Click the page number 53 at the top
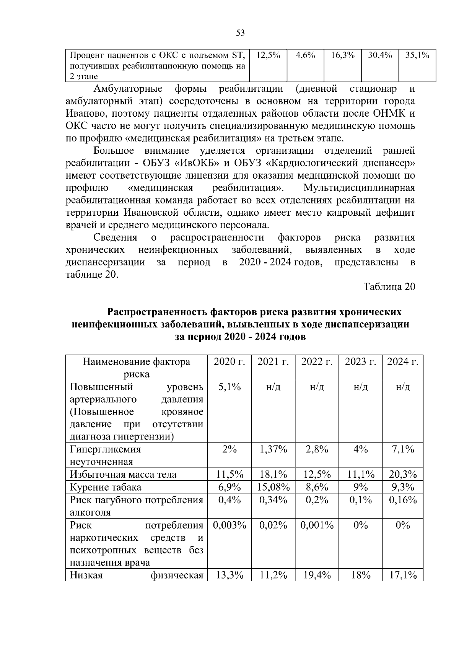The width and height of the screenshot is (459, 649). (240, 33)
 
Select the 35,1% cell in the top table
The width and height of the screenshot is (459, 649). (417, 55)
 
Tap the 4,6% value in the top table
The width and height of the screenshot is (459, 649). (305, 55)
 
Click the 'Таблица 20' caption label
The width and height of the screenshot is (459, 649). (389, 287)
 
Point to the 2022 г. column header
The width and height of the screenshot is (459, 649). (317, 362)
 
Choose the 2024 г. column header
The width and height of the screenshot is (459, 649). (402, 362)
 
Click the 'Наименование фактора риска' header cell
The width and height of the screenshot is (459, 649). (137, 368)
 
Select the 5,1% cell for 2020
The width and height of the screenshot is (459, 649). (229, 387)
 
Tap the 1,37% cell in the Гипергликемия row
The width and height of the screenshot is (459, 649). (273, 449)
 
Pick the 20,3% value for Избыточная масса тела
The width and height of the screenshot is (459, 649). (402, 475)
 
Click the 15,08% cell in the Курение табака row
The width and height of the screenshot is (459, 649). (273, 487)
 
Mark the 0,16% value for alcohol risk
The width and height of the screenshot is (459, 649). (402, 500)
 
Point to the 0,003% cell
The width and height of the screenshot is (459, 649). (229, 525)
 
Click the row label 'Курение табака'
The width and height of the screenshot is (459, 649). (106, 487)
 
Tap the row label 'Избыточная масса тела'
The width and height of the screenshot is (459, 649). (123, 475)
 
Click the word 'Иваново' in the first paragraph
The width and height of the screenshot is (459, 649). (84, 114)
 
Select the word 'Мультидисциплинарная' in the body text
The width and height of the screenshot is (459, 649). (359, 188)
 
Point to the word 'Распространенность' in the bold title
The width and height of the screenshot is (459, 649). (157, 312)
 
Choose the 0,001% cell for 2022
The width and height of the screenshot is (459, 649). (317, 525)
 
